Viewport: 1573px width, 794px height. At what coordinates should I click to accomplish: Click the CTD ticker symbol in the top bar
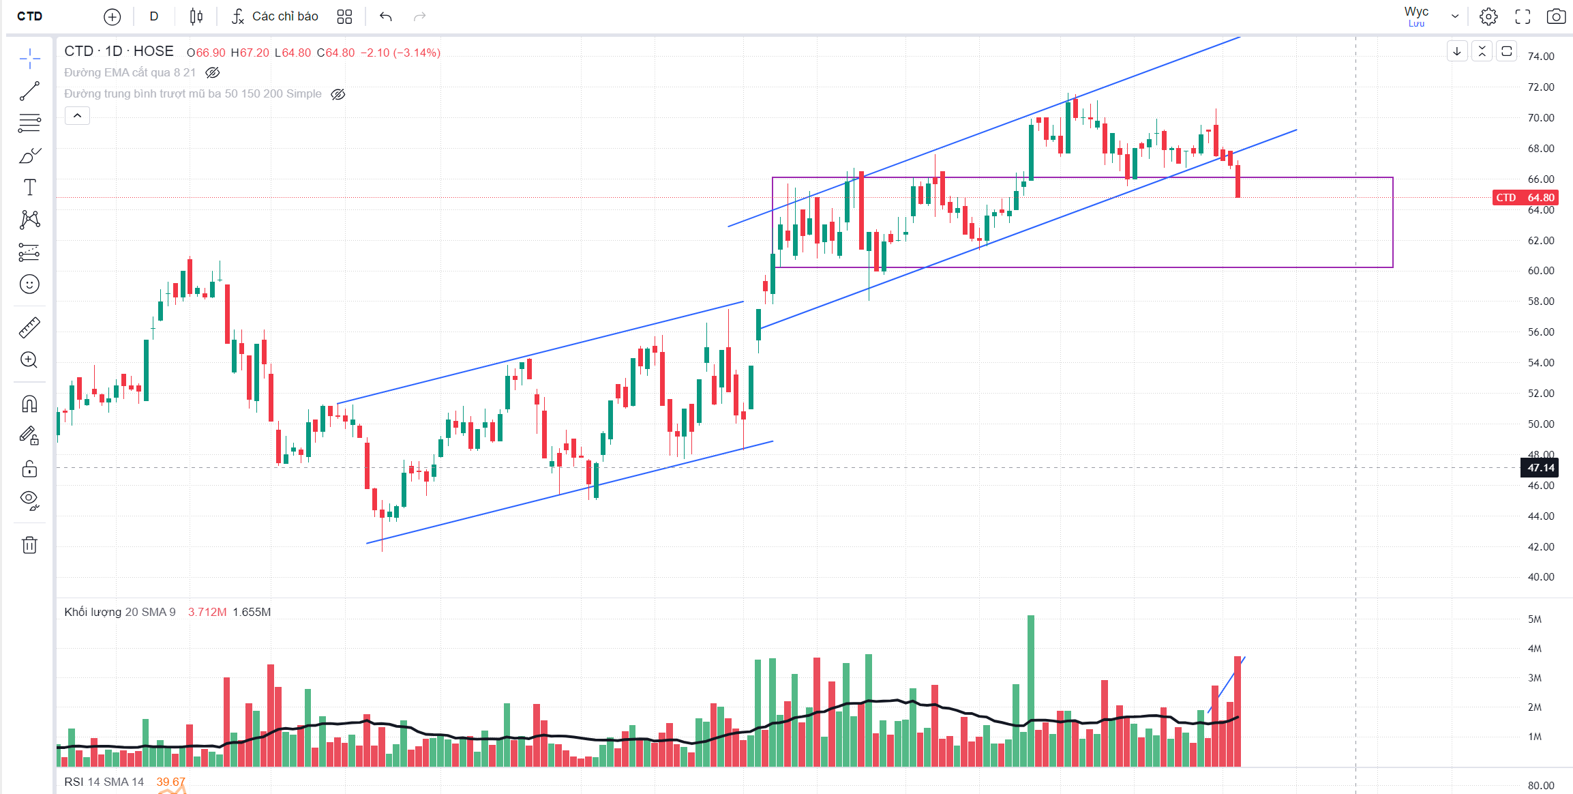point(29,16)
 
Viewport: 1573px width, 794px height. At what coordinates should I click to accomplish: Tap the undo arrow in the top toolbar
point(386,16)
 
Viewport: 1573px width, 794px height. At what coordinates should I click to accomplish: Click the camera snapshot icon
point(1556,16)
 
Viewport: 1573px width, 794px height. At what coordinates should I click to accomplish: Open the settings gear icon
point(1488,16)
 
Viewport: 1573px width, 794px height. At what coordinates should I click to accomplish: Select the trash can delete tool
point(29,545)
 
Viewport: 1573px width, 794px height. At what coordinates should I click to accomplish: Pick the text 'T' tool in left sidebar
point(29,188)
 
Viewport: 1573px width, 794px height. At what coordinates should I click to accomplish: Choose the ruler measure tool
point(29,328)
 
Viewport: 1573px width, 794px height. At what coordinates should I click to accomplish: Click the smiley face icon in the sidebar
point(29,284)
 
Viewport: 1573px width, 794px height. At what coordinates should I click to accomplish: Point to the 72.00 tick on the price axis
point(1540,87)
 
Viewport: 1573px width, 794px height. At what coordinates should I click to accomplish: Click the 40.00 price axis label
point(1540,577)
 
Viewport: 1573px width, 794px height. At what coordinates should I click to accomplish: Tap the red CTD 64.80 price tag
point(1525,198)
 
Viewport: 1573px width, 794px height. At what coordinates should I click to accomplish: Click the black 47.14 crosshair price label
point(1540,468)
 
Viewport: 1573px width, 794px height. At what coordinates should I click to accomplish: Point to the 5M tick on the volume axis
point(1534,619)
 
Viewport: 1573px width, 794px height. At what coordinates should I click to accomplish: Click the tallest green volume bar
point(1031,689)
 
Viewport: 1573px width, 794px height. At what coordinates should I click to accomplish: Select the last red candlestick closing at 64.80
point(1238,181)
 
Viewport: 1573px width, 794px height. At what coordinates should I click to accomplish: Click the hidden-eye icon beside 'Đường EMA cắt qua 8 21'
point(213,73)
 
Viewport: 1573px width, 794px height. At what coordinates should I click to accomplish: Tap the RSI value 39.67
point(170,782)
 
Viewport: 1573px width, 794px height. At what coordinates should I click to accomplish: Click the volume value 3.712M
point(207,613)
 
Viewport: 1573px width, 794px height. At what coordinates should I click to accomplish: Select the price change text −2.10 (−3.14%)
point(400,53)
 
